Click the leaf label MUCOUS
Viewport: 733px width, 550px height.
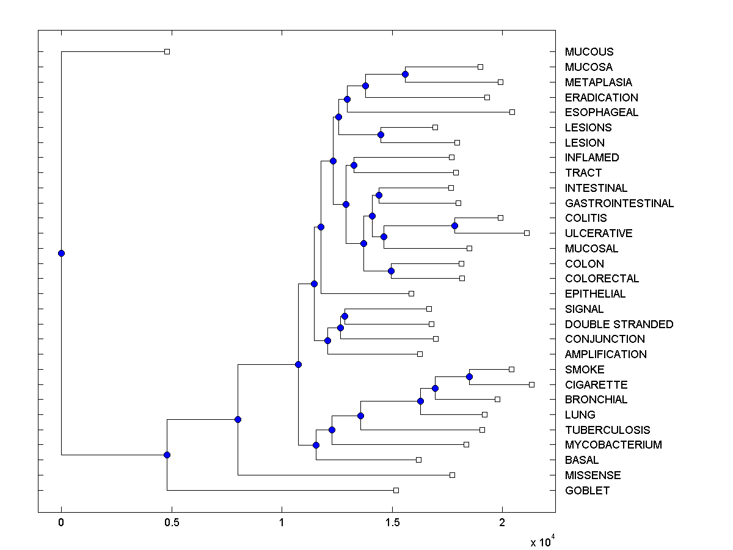(589, 52)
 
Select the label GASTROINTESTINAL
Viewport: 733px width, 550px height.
(619, 203)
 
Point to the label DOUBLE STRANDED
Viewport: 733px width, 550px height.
(619, 324)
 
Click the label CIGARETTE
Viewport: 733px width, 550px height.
(596, 384)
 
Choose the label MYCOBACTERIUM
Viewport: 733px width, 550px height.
(613, 445)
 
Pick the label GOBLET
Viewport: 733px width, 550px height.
(587, 490)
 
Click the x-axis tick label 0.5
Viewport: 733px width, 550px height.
(172, 522)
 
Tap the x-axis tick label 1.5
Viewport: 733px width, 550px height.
(392, 522)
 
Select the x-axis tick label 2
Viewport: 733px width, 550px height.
(502, 522)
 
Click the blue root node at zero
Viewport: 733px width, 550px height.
(61, 253)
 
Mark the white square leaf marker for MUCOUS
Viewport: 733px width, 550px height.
(167, 51)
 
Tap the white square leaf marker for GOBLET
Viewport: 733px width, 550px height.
(396, 490)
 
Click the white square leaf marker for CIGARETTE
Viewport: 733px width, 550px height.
(531, 384)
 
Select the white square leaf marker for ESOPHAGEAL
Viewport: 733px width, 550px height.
(512, 112)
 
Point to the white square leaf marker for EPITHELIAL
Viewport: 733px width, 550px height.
(411, 293)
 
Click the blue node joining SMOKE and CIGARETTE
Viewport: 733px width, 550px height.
(469, 376)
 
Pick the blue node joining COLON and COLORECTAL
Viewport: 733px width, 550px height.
(391, 271)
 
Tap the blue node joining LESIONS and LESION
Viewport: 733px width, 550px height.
(381, 134)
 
